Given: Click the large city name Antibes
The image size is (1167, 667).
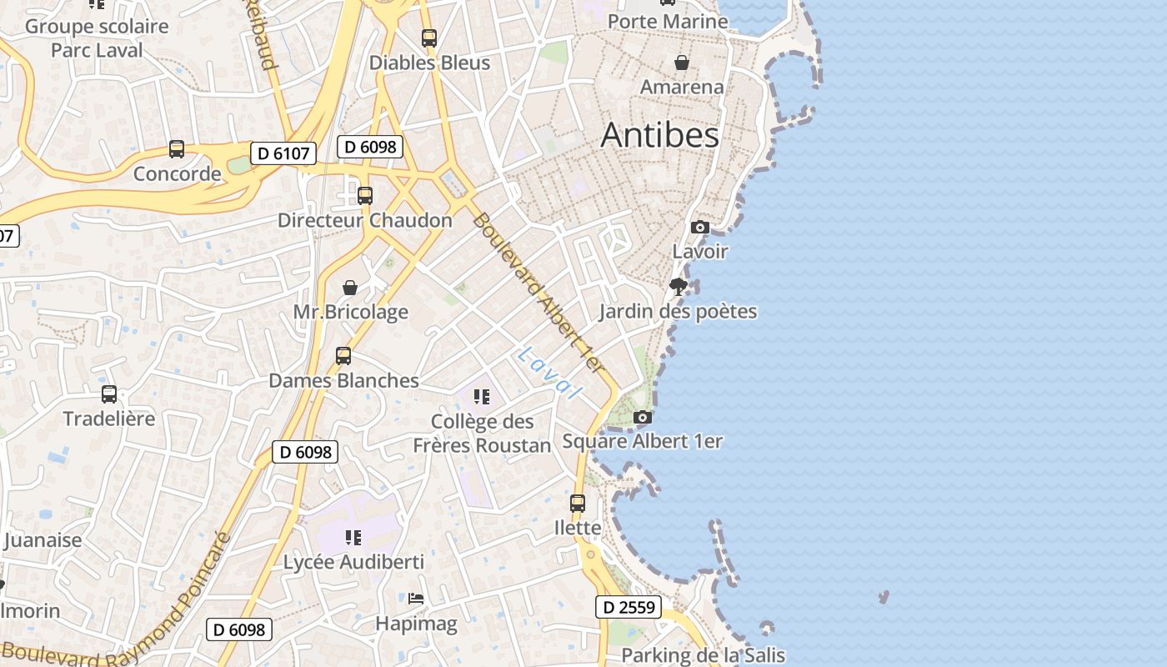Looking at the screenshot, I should pos(659,135).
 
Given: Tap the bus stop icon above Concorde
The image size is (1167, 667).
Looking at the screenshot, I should pos(177,149).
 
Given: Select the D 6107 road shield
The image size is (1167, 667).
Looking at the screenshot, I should pos(283,153).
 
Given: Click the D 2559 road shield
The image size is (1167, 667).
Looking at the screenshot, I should pos(629,607).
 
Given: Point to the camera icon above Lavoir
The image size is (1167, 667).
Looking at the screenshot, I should pos(700,227).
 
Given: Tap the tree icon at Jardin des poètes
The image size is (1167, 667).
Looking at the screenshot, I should pos(679,287).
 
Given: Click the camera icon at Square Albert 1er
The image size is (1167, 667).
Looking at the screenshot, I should pos(642,417).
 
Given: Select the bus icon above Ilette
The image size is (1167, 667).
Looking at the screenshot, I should pos(578,504).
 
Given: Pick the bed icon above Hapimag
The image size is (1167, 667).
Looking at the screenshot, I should pos(416,599).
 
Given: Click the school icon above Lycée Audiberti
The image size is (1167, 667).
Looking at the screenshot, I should pos(353,537).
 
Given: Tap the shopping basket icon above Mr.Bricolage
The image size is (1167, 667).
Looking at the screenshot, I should pos(350,288).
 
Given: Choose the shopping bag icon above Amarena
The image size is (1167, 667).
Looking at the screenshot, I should pos(682,63).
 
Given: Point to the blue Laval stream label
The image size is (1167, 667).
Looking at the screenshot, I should pos(548,372).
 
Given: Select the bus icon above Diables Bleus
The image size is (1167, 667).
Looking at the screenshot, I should pos(429,38).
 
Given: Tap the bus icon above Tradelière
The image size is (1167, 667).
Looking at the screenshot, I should pos(109,394).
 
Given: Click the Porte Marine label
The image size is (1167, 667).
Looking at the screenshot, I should pos(668,21).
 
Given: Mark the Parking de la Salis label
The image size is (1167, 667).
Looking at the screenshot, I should pos(703,655).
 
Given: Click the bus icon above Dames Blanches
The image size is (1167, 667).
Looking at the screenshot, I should pos(343,356).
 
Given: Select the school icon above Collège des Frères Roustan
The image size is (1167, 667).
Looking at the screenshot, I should pos(481,396).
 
